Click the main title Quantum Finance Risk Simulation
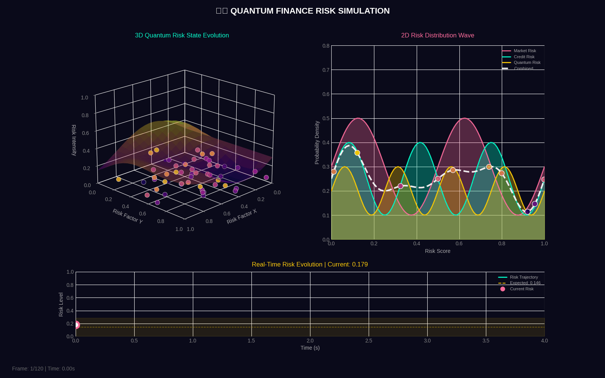302,11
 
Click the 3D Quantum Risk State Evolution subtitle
182,36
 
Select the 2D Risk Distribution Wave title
437,36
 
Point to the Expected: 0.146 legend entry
525,283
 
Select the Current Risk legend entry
521,289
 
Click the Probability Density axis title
317,143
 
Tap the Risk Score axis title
437,251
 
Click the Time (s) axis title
310,348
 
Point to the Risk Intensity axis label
74,140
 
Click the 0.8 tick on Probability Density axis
326,46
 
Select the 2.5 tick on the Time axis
369,341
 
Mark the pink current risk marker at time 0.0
76,325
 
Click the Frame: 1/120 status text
43,369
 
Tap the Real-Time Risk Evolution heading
310,265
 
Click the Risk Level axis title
61,304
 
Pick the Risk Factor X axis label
242,216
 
